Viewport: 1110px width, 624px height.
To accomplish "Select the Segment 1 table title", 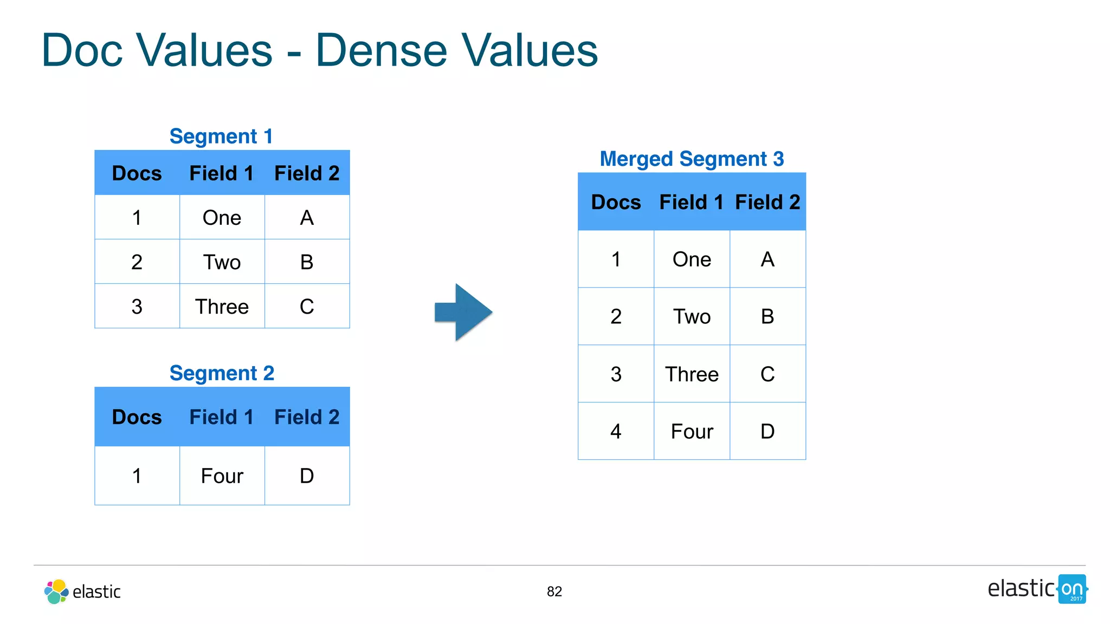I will point(221,136).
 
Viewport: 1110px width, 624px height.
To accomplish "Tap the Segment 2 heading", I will point(222,373).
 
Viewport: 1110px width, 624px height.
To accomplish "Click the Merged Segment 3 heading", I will point(692,159).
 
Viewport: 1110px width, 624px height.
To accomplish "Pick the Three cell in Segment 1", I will point(222,307).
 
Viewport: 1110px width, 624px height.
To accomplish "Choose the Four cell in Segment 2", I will point(222,476).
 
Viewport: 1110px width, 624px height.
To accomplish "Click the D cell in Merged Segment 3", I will point(767,432).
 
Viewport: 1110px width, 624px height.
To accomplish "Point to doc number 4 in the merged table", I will point(616,432).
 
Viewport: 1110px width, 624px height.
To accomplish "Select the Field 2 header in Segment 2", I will point(307,417).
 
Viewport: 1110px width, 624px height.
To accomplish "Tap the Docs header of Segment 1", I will point(137,173).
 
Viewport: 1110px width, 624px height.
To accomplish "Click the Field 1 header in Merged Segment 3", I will point(691,203).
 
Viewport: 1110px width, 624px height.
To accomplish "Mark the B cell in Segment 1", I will point(307,262).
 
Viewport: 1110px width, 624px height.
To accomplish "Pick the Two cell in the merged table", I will point(692,317).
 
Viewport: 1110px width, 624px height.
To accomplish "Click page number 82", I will point(554,591).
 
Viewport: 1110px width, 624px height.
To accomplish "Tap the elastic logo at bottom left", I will point(82,591).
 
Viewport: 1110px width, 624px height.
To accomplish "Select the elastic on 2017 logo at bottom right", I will point(1036,589).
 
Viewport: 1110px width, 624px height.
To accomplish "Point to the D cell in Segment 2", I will point(307,476).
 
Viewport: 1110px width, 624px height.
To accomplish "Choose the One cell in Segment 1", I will point(222,218).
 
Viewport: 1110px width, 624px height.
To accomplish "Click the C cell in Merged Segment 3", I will point(767,374).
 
